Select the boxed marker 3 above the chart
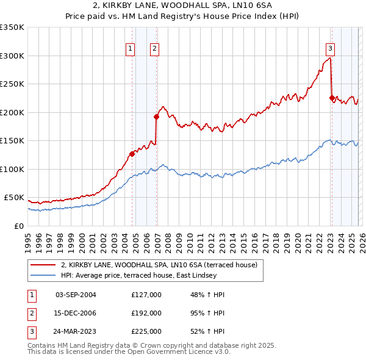tap(330, 49)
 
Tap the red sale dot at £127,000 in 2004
tap(132, 154)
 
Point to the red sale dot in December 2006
tap(156, 117)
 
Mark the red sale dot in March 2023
tap(332, 98)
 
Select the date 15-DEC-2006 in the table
tap(76, 312)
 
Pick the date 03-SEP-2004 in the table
tap(76, 295)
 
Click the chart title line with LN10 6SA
tap(182, 5)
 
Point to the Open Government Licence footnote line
tap(129, 352)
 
